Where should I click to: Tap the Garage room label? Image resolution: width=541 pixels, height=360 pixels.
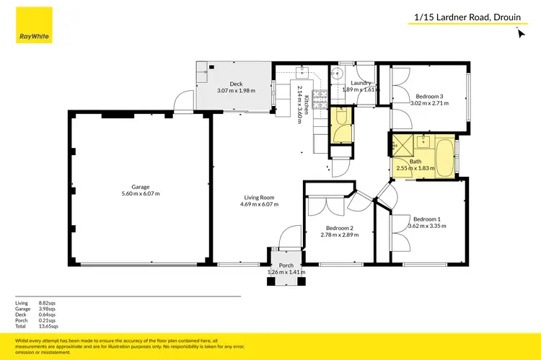[140, 187]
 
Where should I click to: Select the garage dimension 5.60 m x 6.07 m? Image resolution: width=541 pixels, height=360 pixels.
[140, 193]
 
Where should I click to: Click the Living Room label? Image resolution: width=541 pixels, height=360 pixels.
[258, 198]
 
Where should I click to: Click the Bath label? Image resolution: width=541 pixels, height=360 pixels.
[415, 162]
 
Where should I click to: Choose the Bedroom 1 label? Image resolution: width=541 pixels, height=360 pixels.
[426, 219]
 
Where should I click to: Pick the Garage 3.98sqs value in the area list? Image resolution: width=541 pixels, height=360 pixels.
[48, 308]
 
